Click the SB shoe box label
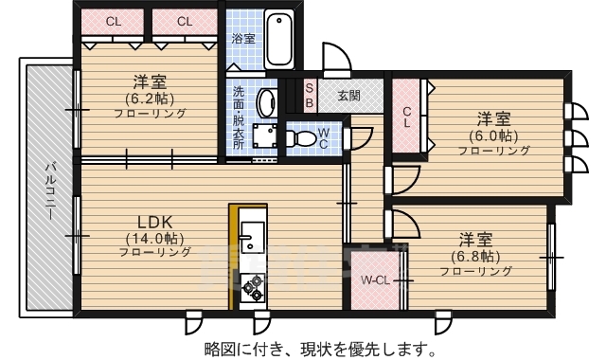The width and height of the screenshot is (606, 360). [309, 96]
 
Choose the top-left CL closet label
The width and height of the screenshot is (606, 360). [113, 21]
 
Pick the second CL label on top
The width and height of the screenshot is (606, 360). [184, 21]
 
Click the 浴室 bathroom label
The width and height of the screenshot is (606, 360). [243, 39]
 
